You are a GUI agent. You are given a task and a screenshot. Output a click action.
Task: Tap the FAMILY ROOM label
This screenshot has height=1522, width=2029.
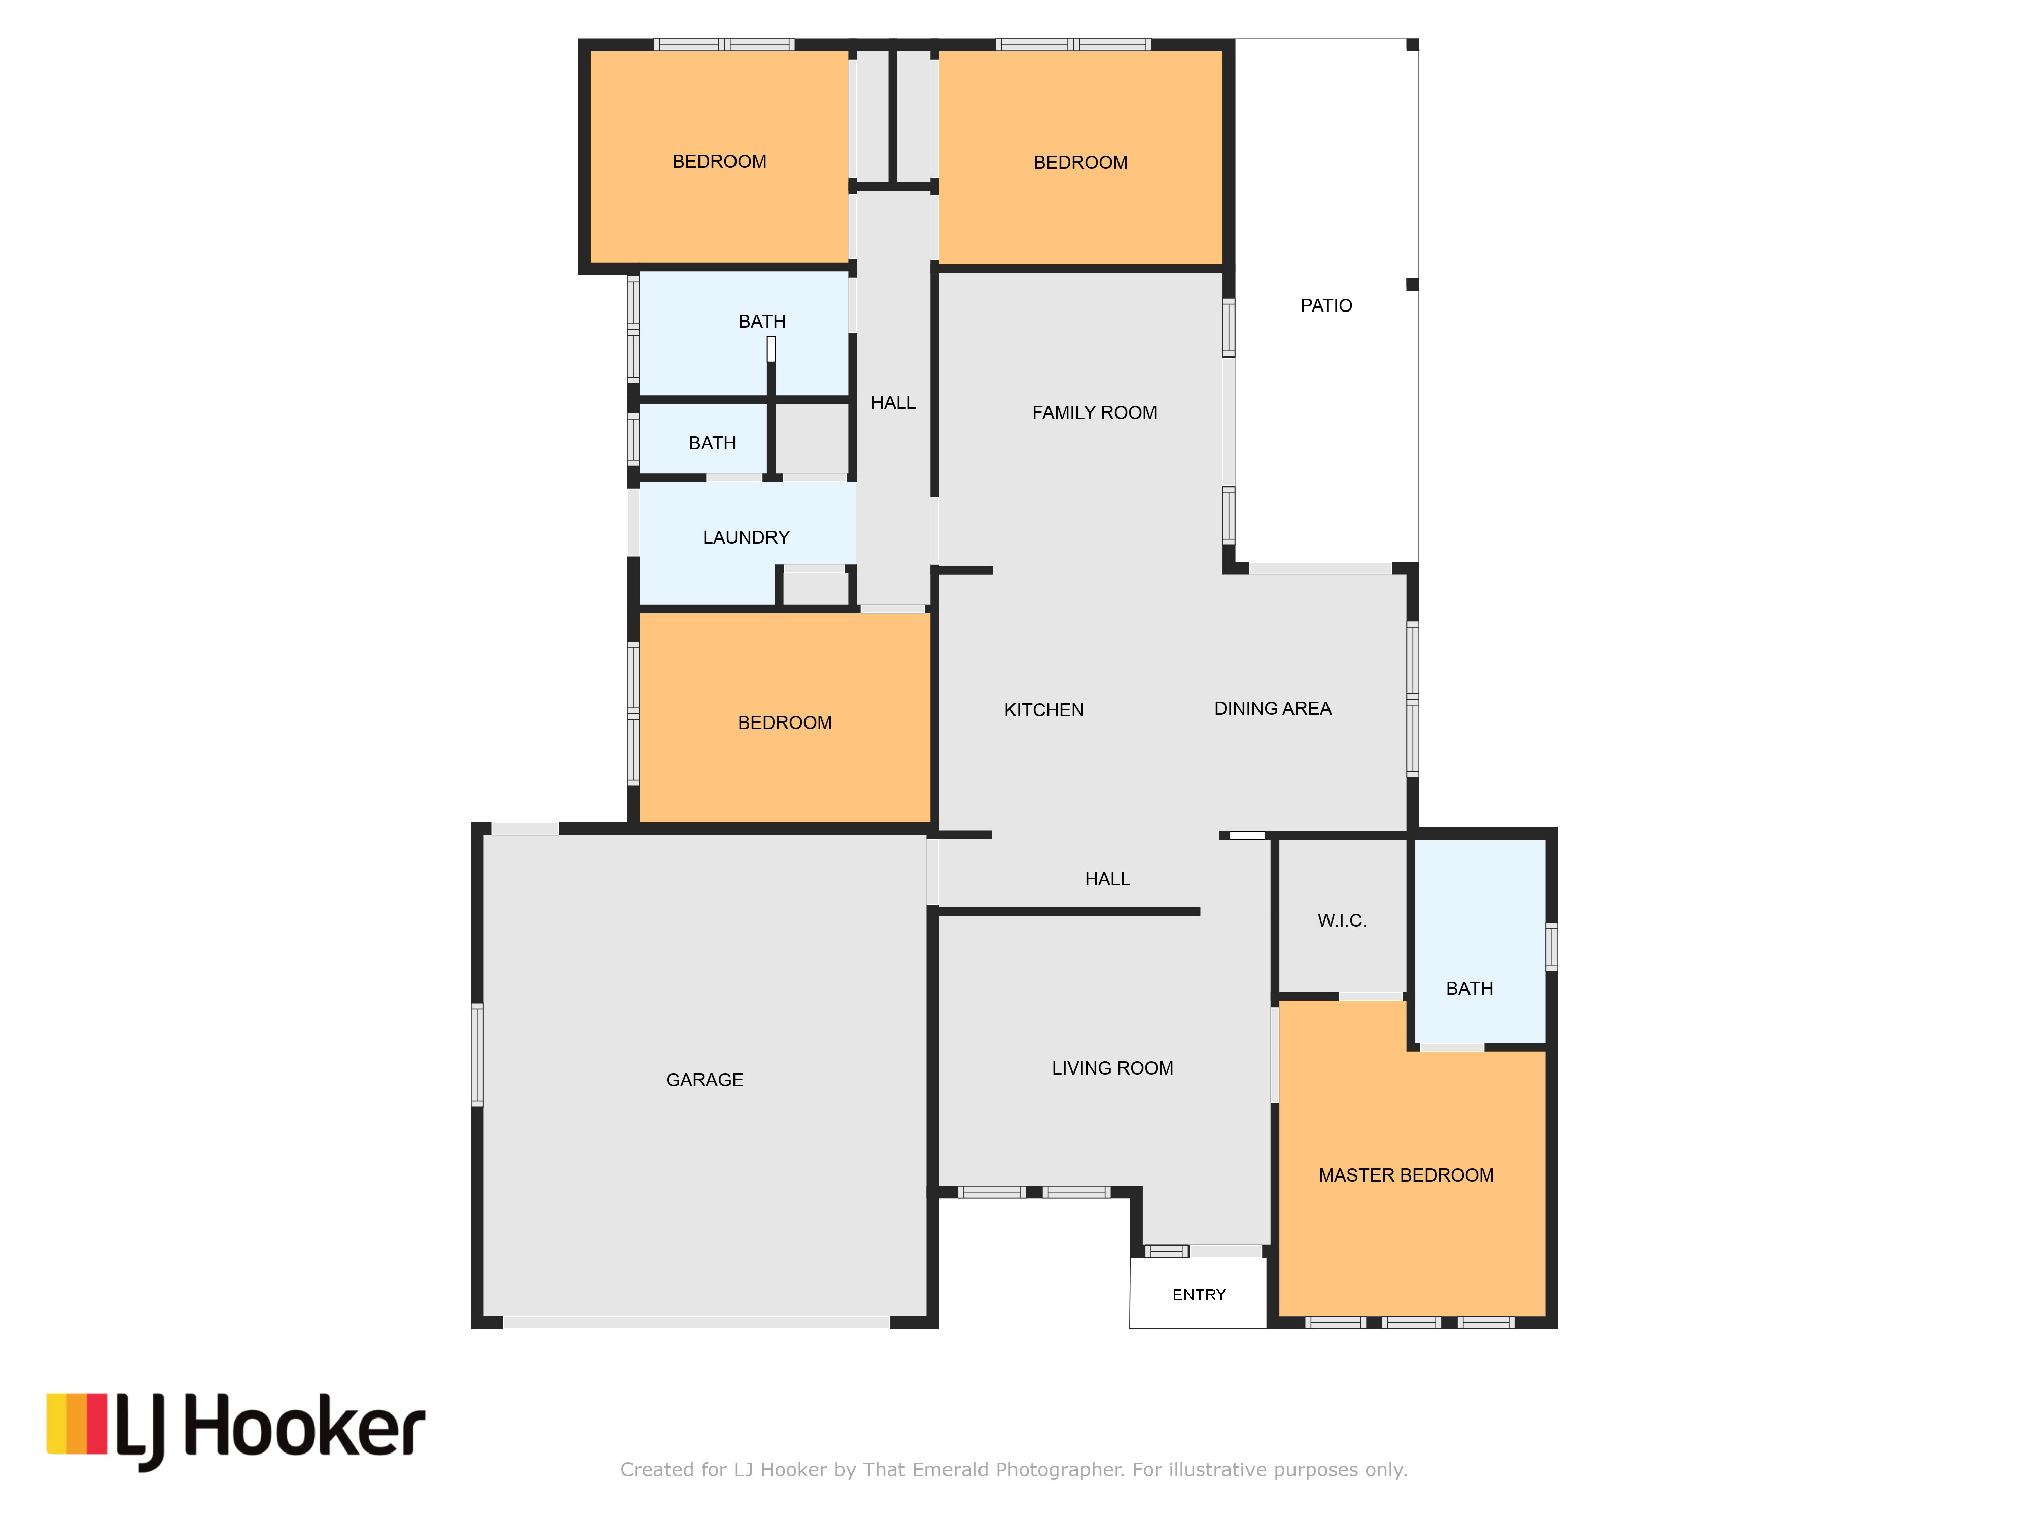(1094, 413)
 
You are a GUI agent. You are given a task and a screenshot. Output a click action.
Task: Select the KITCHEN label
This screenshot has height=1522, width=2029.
(1044, 710)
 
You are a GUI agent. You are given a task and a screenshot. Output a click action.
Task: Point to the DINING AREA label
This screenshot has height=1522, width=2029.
(1272, 708)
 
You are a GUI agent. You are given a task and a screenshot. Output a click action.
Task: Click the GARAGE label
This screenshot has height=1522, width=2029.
(705, 1080)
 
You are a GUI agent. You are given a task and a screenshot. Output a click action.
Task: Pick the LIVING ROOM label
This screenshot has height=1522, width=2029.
(1112, 1068)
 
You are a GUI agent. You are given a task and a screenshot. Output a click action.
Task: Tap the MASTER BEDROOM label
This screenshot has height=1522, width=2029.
(1406, 1175)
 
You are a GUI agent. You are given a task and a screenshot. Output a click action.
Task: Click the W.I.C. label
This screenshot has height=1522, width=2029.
(1342, 920)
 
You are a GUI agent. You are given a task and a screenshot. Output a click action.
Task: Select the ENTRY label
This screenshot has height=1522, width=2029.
(1199, 1295)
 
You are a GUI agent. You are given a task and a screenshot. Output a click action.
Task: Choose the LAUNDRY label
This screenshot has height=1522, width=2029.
(746, 538)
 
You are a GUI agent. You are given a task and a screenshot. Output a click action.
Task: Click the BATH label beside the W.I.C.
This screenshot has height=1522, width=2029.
(1470, 988)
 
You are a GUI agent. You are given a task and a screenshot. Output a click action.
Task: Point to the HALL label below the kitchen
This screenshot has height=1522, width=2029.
(1107, 879)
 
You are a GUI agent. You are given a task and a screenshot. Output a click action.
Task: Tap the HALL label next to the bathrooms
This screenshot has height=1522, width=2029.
(892, 403)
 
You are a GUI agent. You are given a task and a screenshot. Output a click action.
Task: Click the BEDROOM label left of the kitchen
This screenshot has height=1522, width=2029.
(784, 723)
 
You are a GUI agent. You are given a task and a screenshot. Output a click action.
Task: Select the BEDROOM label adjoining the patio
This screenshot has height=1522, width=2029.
(1080, 162)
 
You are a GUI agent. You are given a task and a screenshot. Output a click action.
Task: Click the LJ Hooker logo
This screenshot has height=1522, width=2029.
(236, 1430)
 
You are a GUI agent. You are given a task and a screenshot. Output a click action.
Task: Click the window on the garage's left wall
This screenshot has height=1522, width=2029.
(477, 1054)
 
